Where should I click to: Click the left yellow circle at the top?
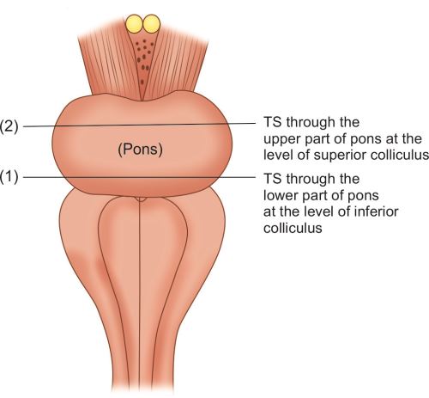[134, 23]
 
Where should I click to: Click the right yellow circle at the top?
[151, 23]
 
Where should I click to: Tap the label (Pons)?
[141, 150]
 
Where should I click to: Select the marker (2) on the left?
[9, 126]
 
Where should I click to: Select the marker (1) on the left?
[9, 177]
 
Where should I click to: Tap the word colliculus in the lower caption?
[293, 229]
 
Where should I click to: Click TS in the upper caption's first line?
[273, 122]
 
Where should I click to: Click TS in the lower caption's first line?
[273, 179]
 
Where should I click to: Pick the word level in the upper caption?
[277, 155]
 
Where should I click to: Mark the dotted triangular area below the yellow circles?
[143, 63]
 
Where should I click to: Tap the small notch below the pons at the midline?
[140, 199]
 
